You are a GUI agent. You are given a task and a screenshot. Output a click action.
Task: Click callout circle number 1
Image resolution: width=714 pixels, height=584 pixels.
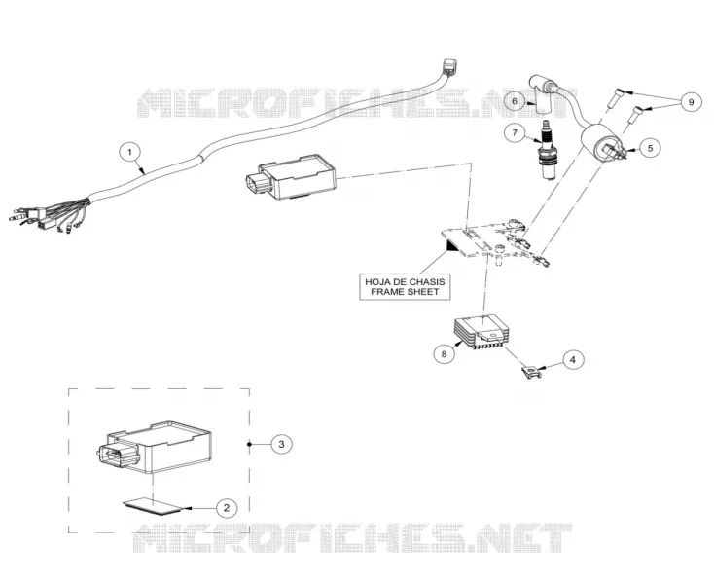(x=130, y=152)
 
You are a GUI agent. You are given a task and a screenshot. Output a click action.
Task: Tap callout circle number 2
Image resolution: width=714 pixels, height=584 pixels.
(x=227, y=507)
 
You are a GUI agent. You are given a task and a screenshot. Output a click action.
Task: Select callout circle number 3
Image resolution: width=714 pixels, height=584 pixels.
(x=281, y=444)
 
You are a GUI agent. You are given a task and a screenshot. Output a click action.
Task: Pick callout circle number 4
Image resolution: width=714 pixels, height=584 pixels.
(x=573, y=359)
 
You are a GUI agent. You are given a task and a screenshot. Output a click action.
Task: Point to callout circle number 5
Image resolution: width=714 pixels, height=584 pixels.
(x=650, y=148)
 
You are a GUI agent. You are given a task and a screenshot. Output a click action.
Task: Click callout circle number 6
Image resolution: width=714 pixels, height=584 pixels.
(x=515, y=101)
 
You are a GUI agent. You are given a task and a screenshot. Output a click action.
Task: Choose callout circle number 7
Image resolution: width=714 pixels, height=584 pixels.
(x=515, y=132)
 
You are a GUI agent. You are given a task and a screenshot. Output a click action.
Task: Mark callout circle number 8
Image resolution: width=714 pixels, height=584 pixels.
(x=444, y=353)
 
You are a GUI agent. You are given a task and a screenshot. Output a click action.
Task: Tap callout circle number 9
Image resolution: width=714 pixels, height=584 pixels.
(x=692, y=102)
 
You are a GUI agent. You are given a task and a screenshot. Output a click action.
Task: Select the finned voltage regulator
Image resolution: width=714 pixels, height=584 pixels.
(x=481, y=334)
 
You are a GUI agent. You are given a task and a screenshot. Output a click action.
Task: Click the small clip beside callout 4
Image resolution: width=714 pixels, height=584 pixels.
(x=531, y=372)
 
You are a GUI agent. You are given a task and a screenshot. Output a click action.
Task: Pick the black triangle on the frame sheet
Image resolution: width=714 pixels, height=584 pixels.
(x=452, y=246)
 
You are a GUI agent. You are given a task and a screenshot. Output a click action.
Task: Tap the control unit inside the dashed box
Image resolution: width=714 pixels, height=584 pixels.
(x=155, y=449)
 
